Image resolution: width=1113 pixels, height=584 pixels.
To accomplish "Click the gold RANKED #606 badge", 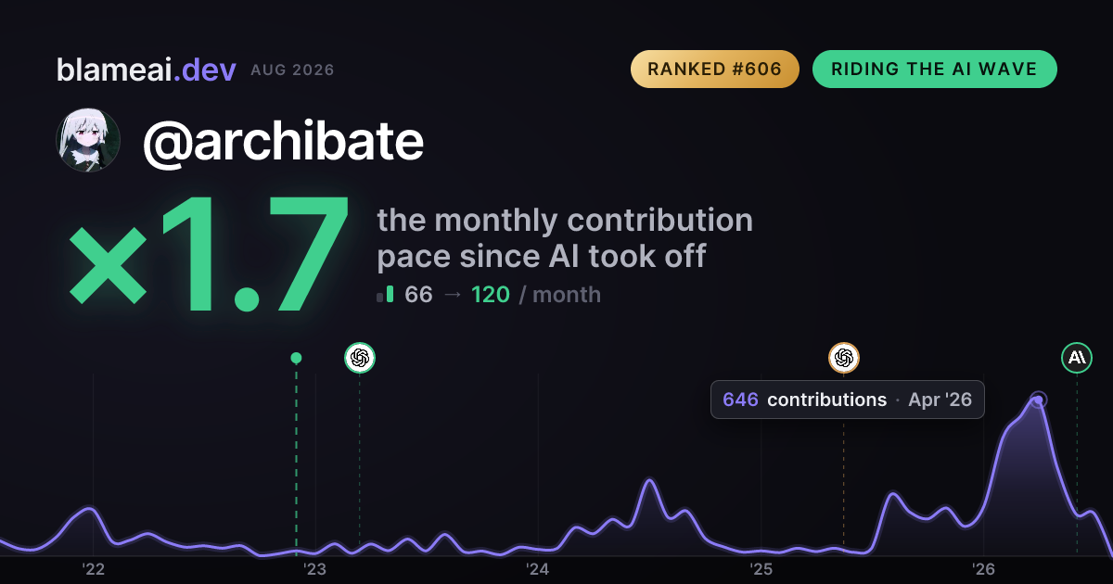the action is coord(714,69).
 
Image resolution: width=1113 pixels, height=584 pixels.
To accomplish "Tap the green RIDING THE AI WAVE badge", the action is coord(934,69).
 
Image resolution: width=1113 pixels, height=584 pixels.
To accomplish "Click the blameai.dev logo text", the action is coord(147,70).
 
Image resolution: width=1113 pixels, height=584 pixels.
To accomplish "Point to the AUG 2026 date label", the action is coord(292,70).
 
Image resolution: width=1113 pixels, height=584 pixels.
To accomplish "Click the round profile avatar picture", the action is coord(88,140).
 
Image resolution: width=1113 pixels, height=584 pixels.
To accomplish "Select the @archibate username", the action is coord(283,142).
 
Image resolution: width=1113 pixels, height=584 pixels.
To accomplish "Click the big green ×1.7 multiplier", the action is coord(209,254).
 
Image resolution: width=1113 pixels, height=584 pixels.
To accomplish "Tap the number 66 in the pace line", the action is coord(418,295).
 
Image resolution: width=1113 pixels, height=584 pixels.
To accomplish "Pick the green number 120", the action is coord(491,295).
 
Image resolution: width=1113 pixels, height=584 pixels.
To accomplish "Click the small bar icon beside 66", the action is coord(385,294).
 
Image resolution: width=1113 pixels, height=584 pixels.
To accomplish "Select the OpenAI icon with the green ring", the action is coord(360,358).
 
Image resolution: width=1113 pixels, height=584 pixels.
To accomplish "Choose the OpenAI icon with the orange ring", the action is coord(844,358).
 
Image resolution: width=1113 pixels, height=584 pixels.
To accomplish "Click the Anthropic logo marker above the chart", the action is coord(1077,358).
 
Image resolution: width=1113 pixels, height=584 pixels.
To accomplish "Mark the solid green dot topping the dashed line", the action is coord(296,358).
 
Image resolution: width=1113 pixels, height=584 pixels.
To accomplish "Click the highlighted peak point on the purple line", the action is coord(1039,400).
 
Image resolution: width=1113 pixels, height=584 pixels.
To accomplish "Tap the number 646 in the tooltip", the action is coord(740,400).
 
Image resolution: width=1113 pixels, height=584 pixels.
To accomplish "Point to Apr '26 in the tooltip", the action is coord(940,400).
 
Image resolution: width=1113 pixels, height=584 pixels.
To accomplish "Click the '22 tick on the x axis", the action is coord(93,569).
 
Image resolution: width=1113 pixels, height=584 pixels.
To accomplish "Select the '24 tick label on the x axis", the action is coord(538,569).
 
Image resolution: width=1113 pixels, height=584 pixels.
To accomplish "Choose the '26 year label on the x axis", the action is coord(983,569).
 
